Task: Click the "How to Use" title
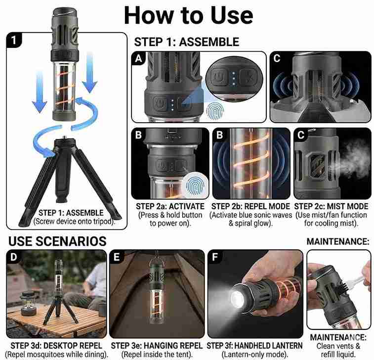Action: point(188,15)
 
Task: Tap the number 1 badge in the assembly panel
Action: point(14,40)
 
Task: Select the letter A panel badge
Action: point(138,58)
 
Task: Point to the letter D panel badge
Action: point(14,257)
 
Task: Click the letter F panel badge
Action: point(215,257)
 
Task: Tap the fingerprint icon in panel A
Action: point(214,111)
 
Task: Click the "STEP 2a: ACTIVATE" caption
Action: point(170,206)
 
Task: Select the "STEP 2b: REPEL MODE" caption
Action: point(250,206)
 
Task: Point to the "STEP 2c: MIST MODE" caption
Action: point(331,206)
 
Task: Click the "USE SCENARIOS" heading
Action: point(57,241)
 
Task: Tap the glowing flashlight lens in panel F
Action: point(237,299)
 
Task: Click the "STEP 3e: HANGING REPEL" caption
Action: point(157,346)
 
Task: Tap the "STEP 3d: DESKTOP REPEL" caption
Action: point(56,346)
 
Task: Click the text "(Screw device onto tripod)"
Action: point(74,222)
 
